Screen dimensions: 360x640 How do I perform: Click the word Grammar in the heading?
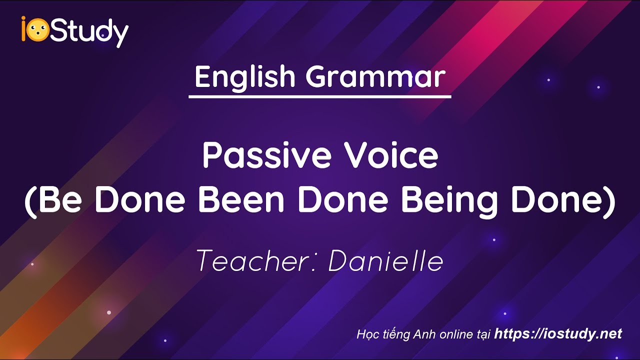pos(375,77)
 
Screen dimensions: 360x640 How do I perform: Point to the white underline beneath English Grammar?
pos(320,95)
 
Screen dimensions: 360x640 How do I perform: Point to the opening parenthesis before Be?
pos(31,201)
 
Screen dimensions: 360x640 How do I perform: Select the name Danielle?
pos(385,261)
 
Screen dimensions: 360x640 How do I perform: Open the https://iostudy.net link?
pos(558,334)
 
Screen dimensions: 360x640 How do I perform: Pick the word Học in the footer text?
pos(366,334)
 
